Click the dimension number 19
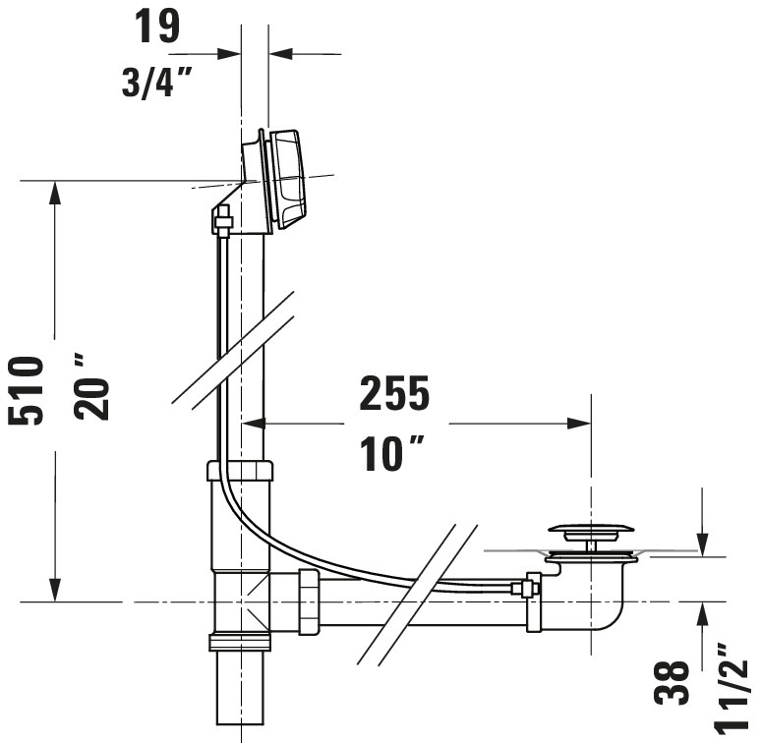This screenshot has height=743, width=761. tap(156, 26)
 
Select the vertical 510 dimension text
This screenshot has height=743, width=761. tap(27, 391)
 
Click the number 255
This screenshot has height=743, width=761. tap(394, 393)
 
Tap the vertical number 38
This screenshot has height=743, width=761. tap(672, 682)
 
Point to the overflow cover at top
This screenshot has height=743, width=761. tap(287, 179)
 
